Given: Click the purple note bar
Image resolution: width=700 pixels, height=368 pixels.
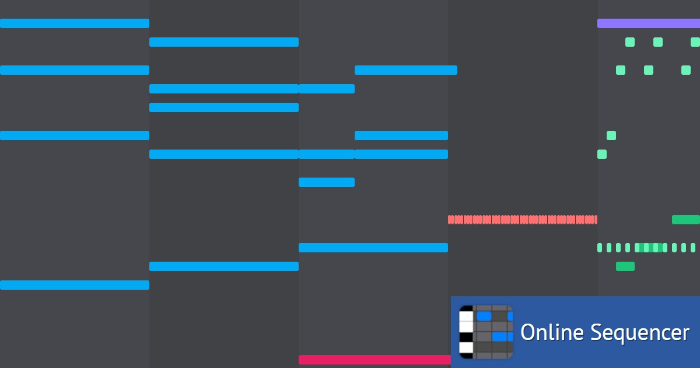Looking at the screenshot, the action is pos(649,23).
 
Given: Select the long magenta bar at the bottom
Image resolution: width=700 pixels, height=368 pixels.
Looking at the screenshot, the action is pos(374,360).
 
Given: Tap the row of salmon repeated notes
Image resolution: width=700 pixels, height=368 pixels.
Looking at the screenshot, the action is pos(523,220).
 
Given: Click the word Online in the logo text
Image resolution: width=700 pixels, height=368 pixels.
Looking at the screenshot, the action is pos(552,332).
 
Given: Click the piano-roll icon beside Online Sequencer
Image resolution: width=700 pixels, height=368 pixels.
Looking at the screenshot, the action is pos(486,332).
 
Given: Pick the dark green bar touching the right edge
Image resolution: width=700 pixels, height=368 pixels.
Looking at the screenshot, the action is pos(686,220).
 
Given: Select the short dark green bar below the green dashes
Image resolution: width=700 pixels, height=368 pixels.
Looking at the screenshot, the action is pos(625,266).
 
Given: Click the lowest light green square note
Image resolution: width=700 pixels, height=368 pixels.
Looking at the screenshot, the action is pos(602,154).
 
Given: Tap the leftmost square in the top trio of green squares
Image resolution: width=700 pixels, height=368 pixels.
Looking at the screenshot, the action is pos(630,42).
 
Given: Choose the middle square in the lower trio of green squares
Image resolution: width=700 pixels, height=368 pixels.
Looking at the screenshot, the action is pos(649,70).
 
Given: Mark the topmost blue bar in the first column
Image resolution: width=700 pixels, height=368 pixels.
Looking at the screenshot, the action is pos(75,23).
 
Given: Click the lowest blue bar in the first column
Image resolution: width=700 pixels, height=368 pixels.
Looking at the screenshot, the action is pos(75,285).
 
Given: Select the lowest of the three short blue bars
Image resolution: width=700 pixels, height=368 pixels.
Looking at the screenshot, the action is pos(327,182).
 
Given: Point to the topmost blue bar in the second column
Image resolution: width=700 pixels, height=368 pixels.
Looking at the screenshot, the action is pos(224,42).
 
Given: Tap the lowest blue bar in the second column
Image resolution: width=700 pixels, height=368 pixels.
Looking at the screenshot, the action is pos(224,266).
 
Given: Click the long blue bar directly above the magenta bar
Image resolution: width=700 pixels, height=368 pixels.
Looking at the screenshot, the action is pos(373,248).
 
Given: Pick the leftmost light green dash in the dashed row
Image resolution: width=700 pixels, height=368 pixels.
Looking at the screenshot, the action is pos(600,248).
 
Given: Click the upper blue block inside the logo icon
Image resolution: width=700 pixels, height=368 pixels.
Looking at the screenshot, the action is pos(484,316).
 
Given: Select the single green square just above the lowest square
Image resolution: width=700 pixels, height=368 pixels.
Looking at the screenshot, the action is pos(611,136).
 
